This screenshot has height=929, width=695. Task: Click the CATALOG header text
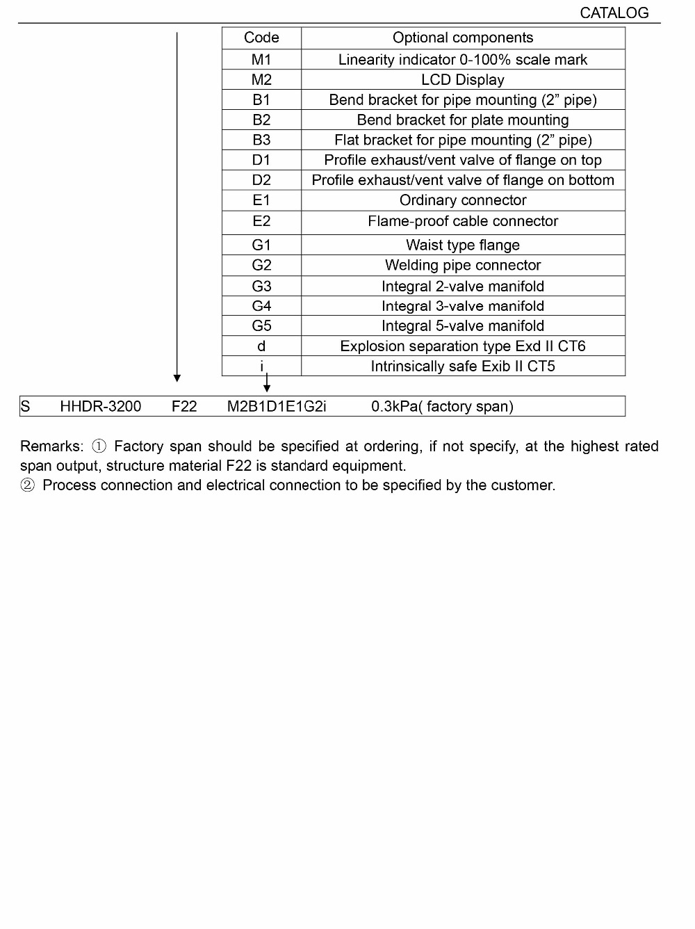click(x=614, y=13)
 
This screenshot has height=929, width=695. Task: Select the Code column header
click(x=261, y=38)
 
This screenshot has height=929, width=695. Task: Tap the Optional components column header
click(x=463, y=38)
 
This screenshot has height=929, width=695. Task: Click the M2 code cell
click(x=261, y=79)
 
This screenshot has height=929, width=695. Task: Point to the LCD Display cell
click(x=463, y=79)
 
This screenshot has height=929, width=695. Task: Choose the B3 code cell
click(x=261, y=140)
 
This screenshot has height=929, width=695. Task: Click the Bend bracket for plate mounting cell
click(x=463, y=120)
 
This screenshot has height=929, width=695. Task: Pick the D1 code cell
click(x=261, y=160)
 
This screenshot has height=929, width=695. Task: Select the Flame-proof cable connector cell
click(x=463, y=221)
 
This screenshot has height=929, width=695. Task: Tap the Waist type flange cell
click(x=463, y=245)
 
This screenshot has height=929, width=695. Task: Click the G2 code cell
click(x=261, y=265)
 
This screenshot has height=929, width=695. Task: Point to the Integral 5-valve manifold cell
click(x=463, y=325)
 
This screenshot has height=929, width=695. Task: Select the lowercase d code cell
click(x=261, y=346)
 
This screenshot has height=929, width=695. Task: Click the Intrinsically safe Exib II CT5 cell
click(x=463, y=366)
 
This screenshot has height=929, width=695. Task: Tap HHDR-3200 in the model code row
click(x=101, y=406)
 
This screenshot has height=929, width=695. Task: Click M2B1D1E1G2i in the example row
click(x=277, y=406)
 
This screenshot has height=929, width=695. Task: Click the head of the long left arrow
click(x=177, y=378)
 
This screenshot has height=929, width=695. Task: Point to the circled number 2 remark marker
click(x=28, y=485)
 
